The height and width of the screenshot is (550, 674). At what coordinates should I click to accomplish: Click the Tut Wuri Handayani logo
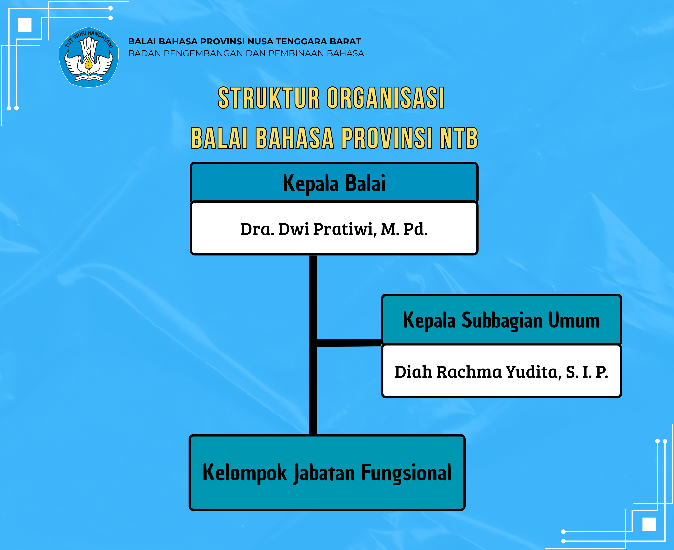pos(89,57)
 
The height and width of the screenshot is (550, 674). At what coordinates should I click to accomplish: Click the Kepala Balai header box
pos(334,183)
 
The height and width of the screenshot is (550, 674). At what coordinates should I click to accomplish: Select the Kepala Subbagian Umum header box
pos(501,319)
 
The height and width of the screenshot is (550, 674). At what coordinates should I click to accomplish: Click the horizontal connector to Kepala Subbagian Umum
pos(349,343)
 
